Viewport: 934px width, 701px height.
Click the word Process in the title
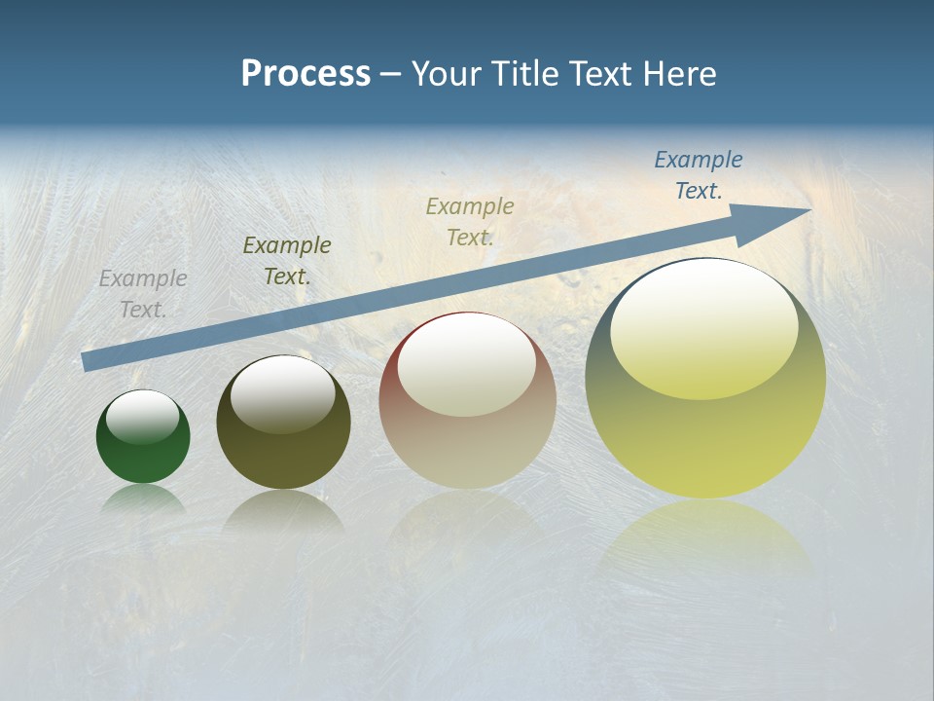305,74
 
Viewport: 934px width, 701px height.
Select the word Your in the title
446,74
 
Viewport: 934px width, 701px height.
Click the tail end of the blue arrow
86,361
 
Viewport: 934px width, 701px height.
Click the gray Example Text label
143,294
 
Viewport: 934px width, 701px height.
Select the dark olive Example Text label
287,261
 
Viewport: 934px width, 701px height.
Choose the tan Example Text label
470,221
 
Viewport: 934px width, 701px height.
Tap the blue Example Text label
699,175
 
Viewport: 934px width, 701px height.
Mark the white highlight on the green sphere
142,417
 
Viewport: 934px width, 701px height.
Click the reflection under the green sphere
143,500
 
